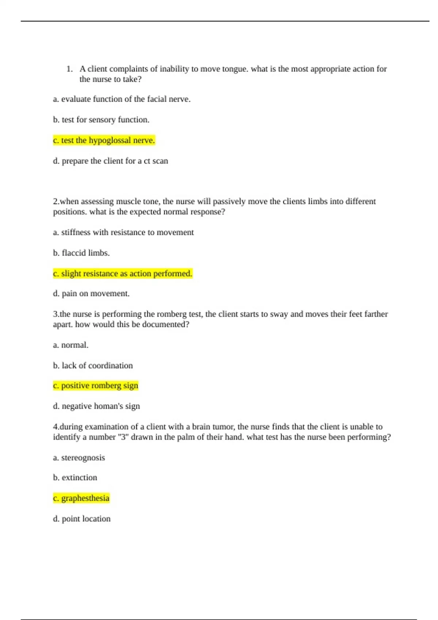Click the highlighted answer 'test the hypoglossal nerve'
pos(104,140)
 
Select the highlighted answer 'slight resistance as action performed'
pos(123,274)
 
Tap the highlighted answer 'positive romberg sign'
pos(96,385)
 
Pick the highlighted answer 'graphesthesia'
pos(81,498)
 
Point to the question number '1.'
pos(69,69)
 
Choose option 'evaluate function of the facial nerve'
pos(122,99)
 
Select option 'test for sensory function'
pos(101,120)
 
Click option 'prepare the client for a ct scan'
pos(111,161)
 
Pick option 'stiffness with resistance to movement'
pos(123,232)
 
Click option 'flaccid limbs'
pos(81,253)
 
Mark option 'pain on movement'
pos(91,294)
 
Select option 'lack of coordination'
pos(93,365)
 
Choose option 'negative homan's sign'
pos(96,406)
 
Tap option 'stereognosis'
pos(79,458)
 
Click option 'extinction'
pos(75,478)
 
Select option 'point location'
pos(82,519)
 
